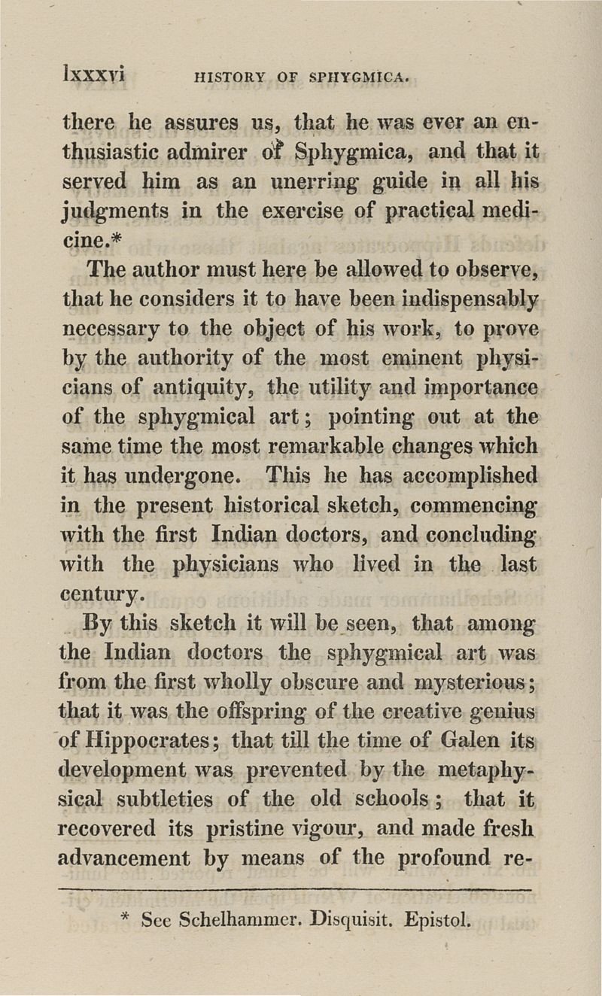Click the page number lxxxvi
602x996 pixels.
[x=95, y=75]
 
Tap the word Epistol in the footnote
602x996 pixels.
[x=436, y=920]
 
